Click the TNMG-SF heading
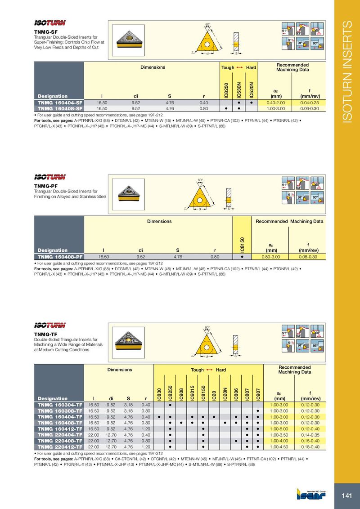point(45,31)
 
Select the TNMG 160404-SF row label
point(59,103)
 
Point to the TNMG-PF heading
point(45,185)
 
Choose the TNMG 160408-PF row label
point(59,257)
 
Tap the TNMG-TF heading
point(45,334)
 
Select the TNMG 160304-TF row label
point(59,405)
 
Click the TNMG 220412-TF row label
point(59,447)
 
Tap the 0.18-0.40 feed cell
point(310,447)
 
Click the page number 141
point(346,496)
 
